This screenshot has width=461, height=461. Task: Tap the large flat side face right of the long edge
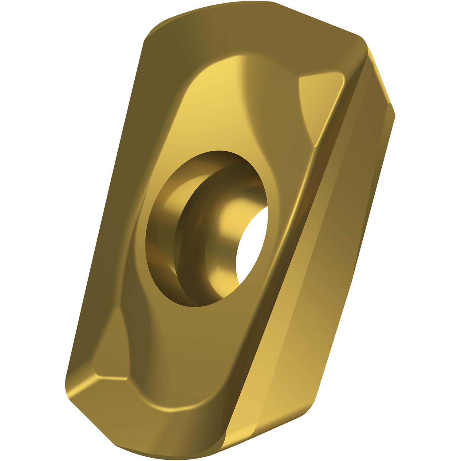tap(332, 246)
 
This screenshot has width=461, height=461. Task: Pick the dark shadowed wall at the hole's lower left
tap(160, 267)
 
